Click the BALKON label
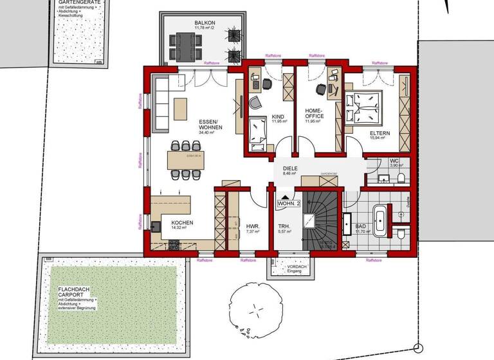coord(205,23)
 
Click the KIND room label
coord(278,116)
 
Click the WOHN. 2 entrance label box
coord(289,204)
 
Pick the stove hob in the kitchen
coord(173,244)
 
